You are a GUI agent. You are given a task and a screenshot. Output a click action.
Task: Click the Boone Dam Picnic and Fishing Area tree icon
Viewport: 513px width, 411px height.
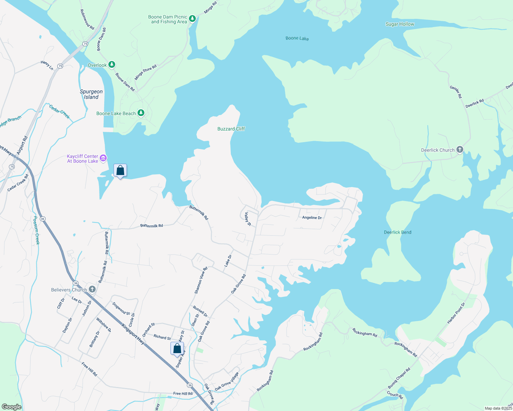(x=192, y=18)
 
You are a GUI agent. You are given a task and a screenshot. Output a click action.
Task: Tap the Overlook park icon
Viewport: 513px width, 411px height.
(x=111, y=64)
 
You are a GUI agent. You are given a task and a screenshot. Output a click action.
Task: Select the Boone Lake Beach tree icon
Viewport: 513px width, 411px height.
(x=141, y=113)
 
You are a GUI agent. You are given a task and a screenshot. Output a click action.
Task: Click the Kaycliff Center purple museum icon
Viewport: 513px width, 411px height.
(x=103, y=158)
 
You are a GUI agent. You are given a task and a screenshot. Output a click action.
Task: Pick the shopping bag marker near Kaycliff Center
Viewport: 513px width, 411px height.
(x=120, y=171)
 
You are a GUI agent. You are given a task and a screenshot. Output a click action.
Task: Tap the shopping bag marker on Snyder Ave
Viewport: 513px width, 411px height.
(x=177, y=349)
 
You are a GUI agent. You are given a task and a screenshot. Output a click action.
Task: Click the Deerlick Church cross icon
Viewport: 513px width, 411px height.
(x=460, y=149)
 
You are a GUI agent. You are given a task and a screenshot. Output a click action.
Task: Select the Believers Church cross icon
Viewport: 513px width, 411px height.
(x=92, y=289)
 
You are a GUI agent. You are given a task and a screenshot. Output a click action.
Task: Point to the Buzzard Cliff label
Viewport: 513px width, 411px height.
(x=231, y=129)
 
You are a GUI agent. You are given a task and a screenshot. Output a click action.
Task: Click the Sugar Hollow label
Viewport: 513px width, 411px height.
(x=400, y=24)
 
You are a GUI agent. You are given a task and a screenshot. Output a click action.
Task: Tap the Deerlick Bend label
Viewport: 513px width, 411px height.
(x=397, y=232)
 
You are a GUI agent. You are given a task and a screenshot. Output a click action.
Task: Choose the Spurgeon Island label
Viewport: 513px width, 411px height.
(x=91, y=94)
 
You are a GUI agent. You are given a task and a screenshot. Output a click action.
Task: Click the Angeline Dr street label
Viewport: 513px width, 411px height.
(x=312, y=218)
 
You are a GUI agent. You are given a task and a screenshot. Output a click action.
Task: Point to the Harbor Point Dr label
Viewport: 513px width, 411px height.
(x=456, y=313)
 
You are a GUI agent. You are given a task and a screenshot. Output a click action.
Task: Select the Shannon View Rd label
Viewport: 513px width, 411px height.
(x=201, y=281)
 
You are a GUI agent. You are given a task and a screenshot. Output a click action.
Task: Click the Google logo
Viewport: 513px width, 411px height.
(x=11, y=407)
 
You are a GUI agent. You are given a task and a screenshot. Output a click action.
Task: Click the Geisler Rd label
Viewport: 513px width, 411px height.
(x=456, y=92)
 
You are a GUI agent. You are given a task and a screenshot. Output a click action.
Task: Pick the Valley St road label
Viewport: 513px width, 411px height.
(x=248, y=219)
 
